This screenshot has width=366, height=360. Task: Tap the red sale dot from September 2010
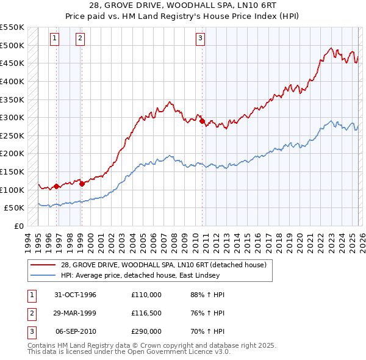coord(202,121)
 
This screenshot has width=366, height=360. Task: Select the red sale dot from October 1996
coord(56,186)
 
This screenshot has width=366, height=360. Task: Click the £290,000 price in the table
coord(146,331)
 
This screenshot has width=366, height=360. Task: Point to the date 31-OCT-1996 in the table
coord(73,295)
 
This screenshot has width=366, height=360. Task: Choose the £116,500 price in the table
coord(146,313)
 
